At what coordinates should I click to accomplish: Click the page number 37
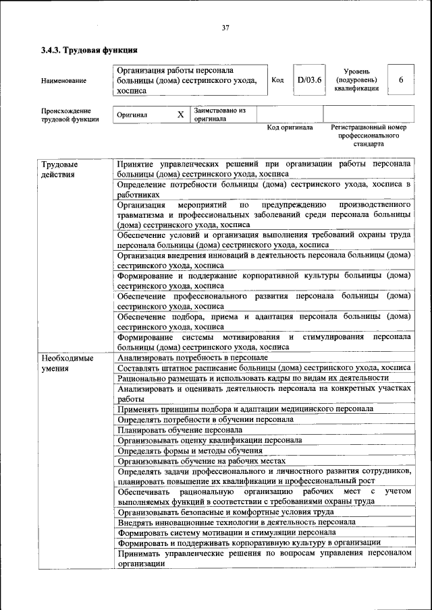click(x=225, y=28)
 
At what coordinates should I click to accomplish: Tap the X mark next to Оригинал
click(x=180, y=115)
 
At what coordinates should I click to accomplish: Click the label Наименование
click(x=63, y=81)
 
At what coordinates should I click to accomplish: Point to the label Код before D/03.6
click(x=277, y=80)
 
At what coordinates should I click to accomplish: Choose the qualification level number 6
click(x=401, y=80)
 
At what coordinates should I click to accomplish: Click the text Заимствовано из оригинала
click(x=219, y=115)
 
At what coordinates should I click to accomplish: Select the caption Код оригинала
click(x=290, y=127)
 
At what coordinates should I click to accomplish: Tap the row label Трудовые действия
click(x=59, y=169)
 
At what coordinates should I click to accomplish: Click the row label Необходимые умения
click(x=67, y=363)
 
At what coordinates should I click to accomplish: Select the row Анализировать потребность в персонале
click(x=184, y=358)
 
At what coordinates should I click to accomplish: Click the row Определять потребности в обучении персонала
click(x=205, y=419)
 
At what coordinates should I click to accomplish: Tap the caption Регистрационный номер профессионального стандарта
click(x=369, y=135)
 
